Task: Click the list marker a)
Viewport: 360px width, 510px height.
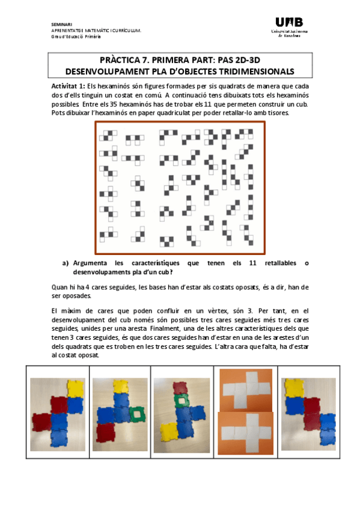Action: [66, 263]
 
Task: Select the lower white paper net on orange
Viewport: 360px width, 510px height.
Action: [244, 432]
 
